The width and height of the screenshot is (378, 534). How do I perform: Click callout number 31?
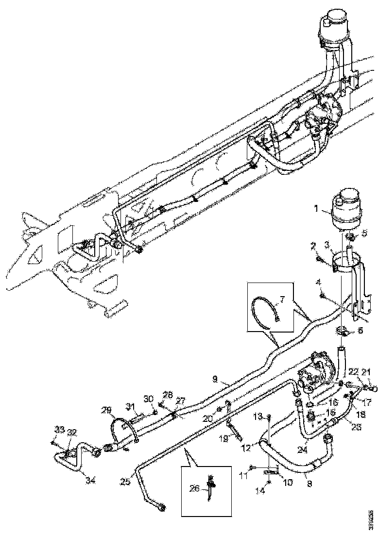tap(130, 406)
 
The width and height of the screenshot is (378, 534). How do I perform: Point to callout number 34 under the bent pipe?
tap(89, 481)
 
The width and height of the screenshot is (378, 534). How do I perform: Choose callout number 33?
tap(59, 429)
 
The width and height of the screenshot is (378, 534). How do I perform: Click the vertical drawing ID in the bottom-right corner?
tap(371, 520)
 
